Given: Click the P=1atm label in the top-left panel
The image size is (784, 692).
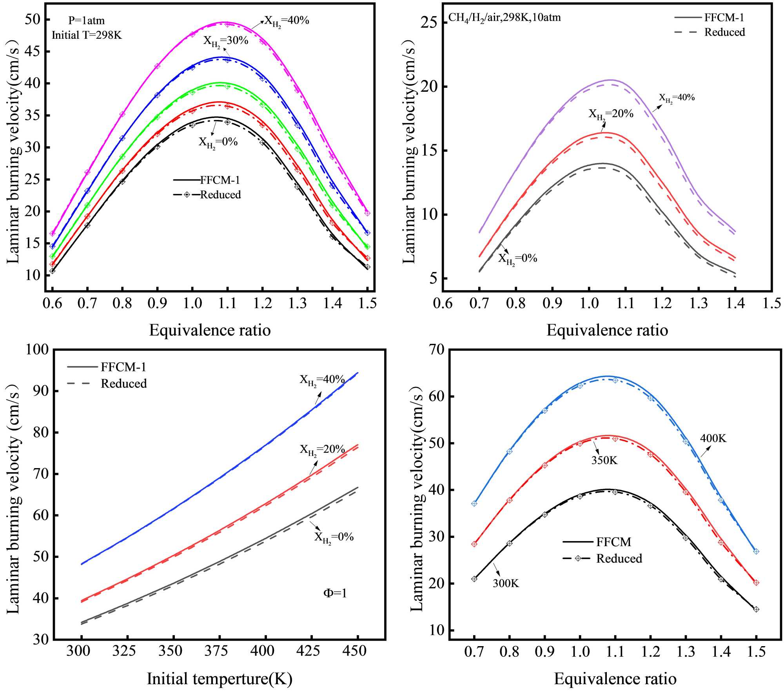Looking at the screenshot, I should click(x=87, y=20).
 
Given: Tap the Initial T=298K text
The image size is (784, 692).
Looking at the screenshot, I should click(x=87, y=35).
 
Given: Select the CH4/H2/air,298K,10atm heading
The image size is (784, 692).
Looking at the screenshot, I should click(x=505, y=18).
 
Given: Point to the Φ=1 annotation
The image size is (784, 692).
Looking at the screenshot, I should click(x=335, y=593).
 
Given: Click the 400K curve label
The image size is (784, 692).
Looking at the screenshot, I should click(x=713, y=438).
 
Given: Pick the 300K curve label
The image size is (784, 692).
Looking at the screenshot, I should click(x=506, y=583).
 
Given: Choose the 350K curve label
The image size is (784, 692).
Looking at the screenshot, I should click(x=604, y=460).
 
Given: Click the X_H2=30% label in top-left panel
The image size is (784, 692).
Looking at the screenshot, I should click(x=226, y=41).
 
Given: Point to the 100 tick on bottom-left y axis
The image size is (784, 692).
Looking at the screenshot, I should click(x=37, y=349).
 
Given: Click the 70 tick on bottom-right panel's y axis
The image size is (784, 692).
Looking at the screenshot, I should click(x=434, y=349).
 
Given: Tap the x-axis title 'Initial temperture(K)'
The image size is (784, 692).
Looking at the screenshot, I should click(x=220, y=679).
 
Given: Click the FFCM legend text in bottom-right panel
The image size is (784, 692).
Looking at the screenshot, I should click(x=613, y=542).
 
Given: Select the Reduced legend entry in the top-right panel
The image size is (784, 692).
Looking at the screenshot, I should click(x=724, y=32).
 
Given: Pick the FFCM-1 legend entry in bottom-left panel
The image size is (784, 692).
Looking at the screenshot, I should click(x=123, y=367).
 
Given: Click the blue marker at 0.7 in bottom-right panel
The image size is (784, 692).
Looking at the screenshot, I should click(x=474, y=503).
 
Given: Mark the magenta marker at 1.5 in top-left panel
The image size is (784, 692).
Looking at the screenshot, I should click(x=367, y=213).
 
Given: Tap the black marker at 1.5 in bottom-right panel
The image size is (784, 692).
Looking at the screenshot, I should click(x=756, y=609).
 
